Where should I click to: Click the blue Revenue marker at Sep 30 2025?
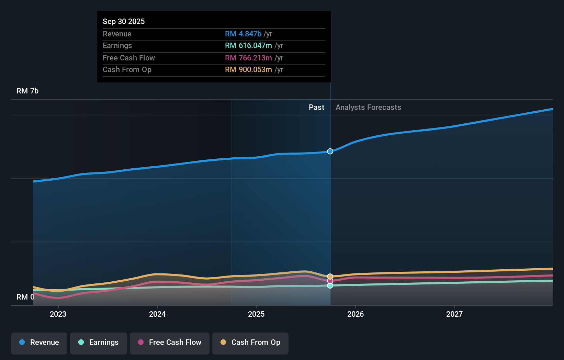pos(330,151)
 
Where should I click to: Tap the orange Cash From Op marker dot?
pos(330,277)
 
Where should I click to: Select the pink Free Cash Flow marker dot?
pos(330,281)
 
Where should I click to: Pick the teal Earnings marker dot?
pos(330,285)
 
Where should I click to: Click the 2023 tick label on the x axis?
pos(58,314)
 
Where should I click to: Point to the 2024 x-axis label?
pos(157,314)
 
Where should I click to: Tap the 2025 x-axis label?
pos(256,314)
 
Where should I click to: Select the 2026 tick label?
pos(356,314)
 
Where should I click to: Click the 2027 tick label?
pos(454,314)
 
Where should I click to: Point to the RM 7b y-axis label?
pos(27,91)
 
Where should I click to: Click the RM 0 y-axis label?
pos(25,297)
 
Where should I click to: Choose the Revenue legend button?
pos(39,343)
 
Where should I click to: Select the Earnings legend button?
pos(99,343)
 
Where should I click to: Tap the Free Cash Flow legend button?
pos(170,343)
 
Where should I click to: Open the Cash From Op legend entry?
pos(250,343)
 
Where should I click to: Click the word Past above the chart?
pos(316,108)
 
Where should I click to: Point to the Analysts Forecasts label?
pos(368,108)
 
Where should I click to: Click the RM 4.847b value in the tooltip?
pos(243,34)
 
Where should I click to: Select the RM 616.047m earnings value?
pos(248,46)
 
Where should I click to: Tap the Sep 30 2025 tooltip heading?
pos(124,21)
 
